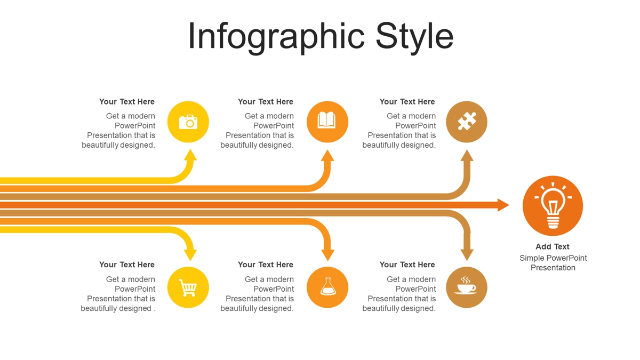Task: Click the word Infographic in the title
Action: point(276,37)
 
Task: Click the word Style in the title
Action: point(414,37)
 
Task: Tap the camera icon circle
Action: point(188,122)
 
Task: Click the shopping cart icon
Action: point(188,287)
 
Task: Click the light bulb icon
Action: point(553,206)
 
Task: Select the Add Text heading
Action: point(553,246)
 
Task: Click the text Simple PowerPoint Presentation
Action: point(553,263)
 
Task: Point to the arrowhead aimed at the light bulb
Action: point(503,205)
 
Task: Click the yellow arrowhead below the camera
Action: point(190,156)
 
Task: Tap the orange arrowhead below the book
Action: point(327,156)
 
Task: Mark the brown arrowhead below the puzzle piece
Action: point(467,156)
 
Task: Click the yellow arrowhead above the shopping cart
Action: point(190,255)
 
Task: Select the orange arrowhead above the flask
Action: point(327,255)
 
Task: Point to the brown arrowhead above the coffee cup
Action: point(467,255)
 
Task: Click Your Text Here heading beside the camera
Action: point(127,102)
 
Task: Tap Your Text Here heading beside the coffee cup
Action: point(407,265)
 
